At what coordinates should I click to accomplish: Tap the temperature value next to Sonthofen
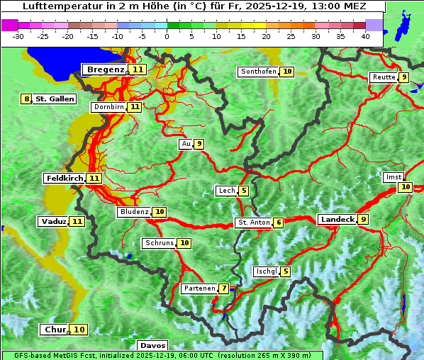(287, 72)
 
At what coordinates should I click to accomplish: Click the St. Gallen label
(55, 99)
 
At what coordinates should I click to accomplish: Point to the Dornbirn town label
(108, 107)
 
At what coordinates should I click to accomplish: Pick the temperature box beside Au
(199, 144)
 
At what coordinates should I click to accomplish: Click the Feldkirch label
(65, 178)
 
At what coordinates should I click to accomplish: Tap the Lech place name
(226, 191)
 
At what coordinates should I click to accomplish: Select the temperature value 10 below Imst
(405, 187)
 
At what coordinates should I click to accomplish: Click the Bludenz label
(134, 212)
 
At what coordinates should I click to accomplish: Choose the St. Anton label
(253, 223)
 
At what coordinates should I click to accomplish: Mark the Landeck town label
(337, 220)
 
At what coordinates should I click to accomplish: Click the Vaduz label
(54, 222)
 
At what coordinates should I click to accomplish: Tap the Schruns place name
(159, 243)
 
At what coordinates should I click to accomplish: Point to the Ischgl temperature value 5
(285, 271)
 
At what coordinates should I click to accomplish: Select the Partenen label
(199, 288)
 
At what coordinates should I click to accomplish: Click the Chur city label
(55, 330)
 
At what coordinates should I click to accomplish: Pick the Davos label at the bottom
(152, 345)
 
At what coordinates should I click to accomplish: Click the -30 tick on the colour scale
(18, 36)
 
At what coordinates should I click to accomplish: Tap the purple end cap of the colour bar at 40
(374, 25)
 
